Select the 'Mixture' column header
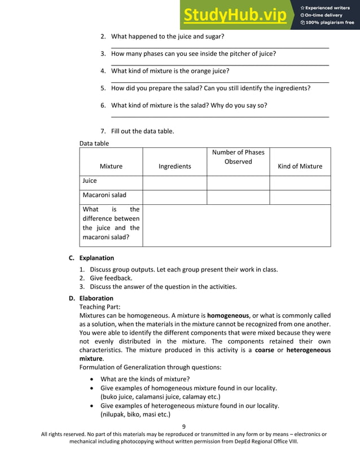coord(111,166)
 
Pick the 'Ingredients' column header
coord(174,166)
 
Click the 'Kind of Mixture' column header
coord(300,166)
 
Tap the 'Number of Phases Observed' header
coord(238,157)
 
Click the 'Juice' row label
coord(90,181)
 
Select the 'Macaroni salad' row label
coord(104,195)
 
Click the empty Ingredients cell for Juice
coord(174,183)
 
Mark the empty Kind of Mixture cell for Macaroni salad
coord(300,197)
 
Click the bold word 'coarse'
coord(265,350)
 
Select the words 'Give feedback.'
coord(111,278)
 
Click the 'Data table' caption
coord(94,143)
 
